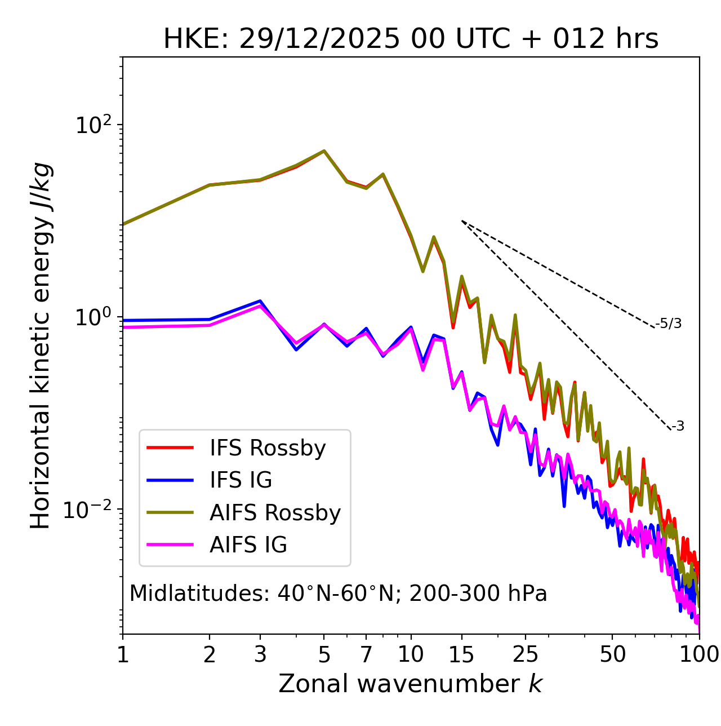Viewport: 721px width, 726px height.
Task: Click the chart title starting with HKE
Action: pos(411,39)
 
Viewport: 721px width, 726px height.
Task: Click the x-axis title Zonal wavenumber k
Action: pos(411,684)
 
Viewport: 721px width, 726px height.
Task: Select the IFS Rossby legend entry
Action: pos(268,448)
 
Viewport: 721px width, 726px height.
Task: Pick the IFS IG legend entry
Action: pos(241,480)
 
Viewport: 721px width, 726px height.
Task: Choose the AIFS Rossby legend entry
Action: pos(275,513)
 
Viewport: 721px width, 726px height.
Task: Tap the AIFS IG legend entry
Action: pos(248,545)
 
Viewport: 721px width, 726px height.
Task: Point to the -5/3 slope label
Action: pos(669,324)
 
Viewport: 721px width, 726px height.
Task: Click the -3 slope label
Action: pos(678,427)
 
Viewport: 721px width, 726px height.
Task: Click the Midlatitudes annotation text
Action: pos(338,594)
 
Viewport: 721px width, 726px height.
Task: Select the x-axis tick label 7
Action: pos(366,654)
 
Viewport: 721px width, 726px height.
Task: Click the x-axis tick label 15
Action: pos(461,654)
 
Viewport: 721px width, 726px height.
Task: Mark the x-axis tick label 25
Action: pos(526,654)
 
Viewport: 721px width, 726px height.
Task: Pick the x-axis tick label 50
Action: pos(612,654)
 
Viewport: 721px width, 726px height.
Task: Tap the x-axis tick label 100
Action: pos(699,654)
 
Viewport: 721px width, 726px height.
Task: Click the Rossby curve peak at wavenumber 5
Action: pos(324,151)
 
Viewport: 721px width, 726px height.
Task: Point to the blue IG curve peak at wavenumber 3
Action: pos(260,301)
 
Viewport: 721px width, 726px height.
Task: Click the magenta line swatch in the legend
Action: pos(170,545)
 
